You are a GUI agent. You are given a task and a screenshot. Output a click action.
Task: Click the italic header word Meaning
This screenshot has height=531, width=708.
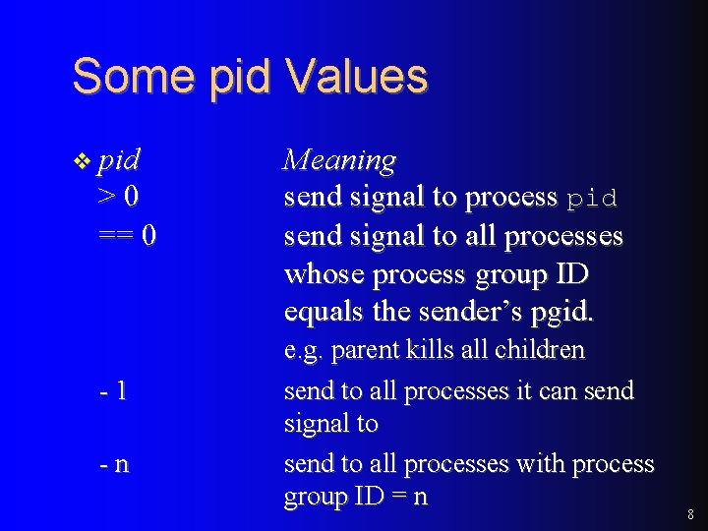(339, 160)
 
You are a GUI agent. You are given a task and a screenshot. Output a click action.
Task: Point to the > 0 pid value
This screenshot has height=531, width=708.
(119, 198)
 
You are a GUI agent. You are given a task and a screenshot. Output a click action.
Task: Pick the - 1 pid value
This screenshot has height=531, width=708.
(113, 390)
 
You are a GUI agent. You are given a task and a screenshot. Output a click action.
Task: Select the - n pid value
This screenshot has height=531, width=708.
(114, 463)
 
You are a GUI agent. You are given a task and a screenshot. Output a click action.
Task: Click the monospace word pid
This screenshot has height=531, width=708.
(592, 199)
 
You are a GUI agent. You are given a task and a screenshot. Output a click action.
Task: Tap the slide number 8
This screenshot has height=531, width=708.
(690, 514)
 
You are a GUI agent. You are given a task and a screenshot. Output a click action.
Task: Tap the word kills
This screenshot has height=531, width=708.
(430, 350)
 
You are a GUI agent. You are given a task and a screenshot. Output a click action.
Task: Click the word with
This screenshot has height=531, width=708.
(512, 463)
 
